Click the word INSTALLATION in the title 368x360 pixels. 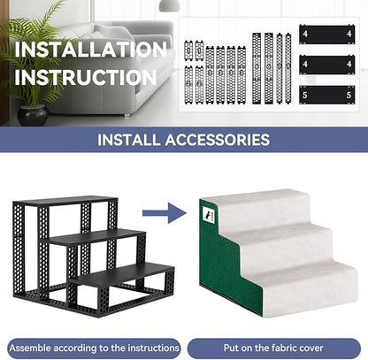click(91, 50)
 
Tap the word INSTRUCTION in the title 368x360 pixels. click(86, 77)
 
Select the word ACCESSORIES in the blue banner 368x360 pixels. click(218, 140)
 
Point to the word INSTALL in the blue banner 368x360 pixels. click(129, 140)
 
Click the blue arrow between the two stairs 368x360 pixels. click(165, 212)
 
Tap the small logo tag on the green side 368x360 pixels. click(209, 213)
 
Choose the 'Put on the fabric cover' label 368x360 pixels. click(273, 349)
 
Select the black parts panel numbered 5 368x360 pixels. click(327, 95)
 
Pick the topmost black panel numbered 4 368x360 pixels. click(327, 34)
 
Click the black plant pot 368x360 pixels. click(33, 115)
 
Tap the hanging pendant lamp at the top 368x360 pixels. click(169, 5)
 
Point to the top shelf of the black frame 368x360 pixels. click(65, 201)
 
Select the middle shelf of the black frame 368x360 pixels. click(93, 237)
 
